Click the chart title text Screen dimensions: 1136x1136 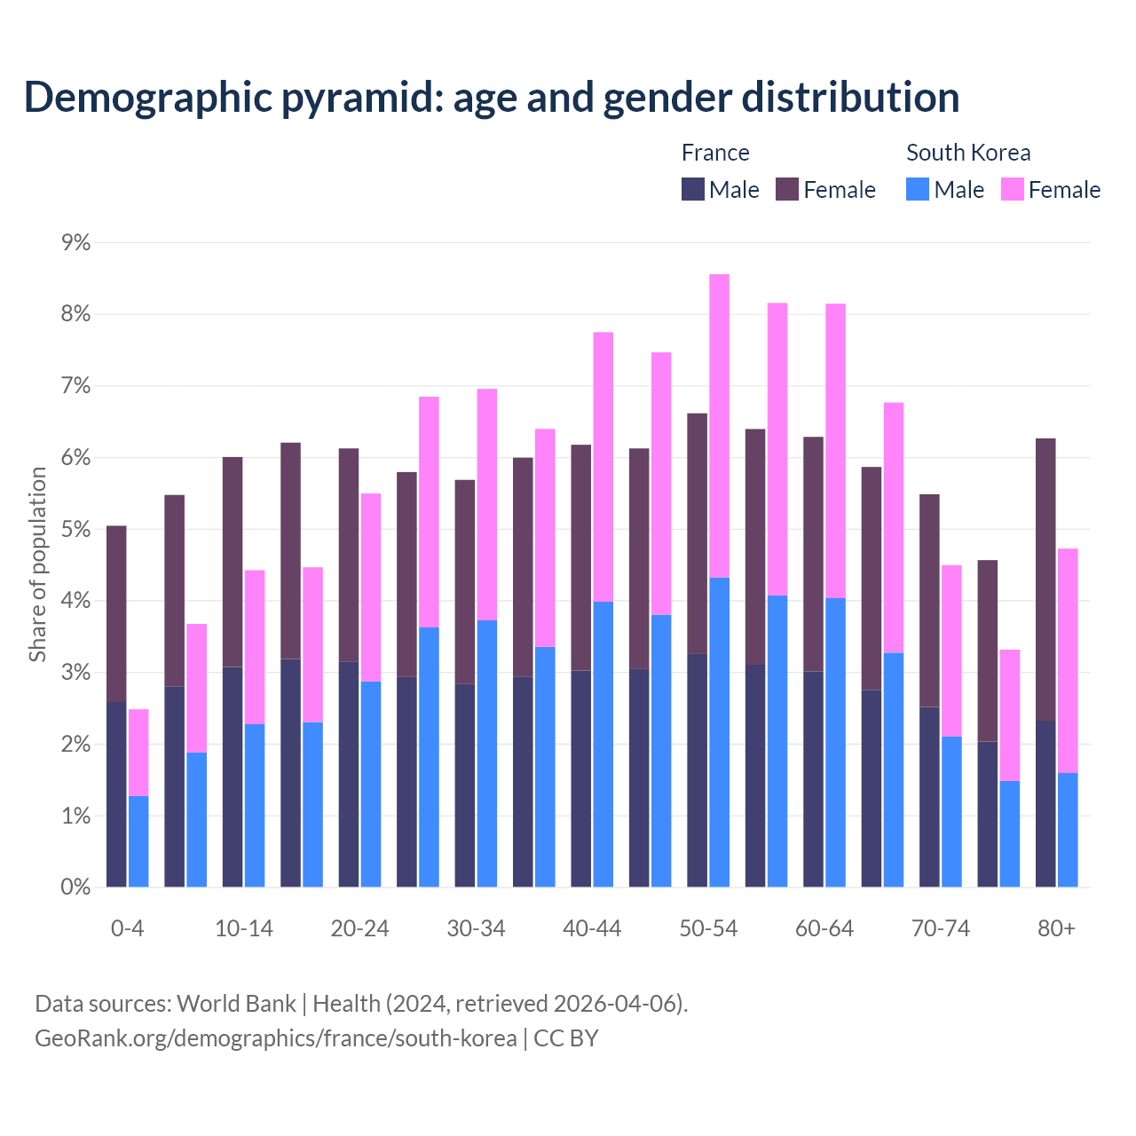(492, 98)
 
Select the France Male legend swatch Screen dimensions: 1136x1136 (693, 189)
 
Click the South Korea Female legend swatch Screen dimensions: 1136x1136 (1012, 189)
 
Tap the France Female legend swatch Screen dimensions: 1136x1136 (787, 189)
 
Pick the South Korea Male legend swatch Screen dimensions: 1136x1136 (918, 189)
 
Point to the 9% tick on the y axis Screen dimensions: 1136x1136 (75, 242)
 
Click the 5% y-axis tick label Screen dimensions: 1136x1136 (75, 530)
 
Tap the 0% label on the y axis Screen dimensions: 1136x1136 (75, 887)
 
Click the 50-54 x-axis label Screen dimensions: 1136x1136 (708, 928)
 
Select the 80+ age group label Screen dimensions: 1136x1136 (1056, 928)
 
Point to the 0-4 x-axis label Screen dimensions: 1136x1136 (127, 928)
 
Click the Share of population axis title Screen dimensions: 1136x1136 (37, 564)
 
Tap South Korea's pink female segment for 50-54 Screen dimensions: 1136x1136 (719, 426)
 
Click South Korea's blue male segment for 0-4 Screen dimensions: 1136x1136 (138, 841)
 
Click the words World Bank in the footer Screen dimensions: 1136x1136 (236, 1004)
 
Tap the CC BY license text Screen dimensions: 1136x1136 (566, 1038)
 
